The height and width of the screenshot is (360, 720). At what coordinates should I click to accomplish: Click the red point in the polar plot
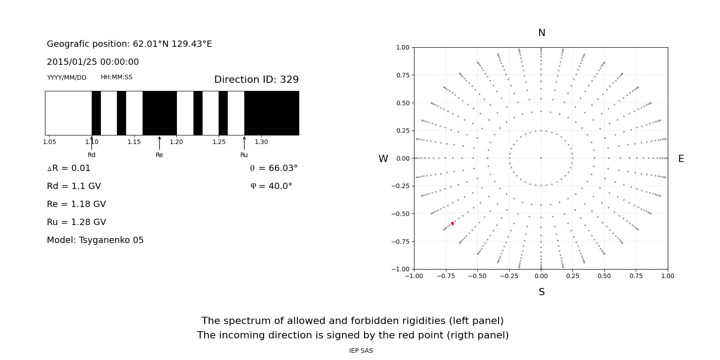coord(452,223)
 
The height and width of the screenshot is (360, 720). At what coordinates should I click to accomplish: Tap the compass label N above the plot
coord(541,33)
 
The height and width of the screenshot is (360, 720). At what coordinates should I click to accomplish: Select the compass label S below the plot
coord(541,292)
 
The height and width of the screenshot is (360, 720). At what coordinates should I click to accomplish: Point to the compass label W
coord(383,159)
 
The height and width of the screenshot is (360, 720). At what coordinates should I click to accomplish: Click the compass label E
coord(681,159)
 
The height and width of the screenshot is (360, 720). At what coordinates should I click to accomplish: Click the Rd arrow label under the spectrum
coord(91,155)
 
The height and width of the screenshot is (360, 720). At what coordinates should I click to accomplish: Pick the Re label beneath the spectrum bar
coord(159,155)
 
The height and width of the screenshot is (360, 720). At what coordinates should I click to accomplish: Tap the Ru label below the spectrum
coord(244,155)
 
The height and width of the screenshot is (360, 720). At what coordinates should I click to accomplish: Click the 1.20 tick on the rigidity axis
coord(176,142)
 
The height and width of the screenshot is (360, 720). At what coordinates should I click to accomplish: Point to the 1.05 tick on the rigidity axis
coord(49,142)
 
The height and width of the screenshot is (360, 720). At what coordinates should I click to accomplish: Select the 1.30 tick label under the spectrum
coord(261,142)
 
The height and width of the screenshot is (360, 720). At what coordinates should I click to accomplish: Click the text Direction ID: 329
coord(256,80)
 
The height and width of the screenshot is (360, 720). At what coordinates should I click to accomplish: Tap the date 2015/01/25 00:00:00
coord(93,62)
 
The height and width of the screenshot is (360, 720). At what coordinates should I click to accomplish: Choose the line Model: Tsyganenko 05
coord(95,240)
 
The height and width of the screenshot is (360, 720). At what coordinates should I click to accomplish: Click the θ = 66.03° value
coord(274,168)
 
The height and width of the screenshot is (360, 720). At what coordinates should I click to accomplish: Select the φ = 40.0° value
coord(271,186)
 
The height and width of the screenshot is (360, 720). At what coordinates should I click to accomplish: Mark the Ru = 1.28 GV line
coord(76,222)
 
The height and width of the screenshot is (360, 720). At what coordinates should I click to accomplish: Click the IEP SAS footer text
coord(361,351)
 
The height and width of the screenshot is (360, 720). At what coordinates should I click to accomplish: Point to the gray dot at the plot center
coord(541,158)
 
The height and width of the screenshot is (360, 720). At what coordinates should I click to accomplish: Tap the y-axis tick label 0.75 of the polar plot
coord(402,75)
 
